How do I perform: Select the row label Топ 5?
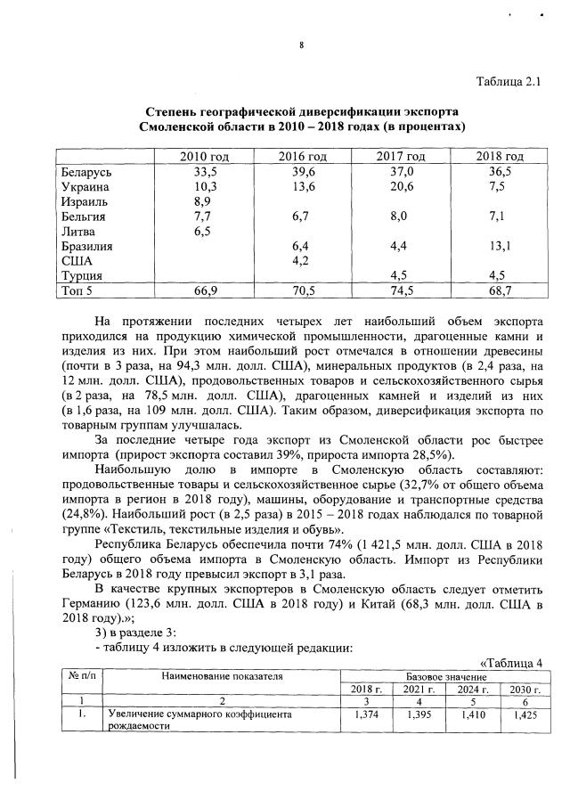pyautogui.click(x=78, y=290)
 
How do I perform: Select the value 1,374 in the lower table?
pyautogui.click(x=367, y=714)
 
